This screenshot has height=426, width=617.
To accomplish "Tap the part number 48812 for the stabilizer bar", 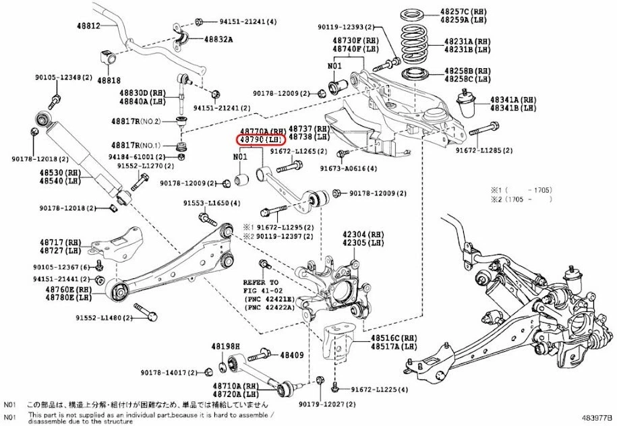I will click(x=87, y=26).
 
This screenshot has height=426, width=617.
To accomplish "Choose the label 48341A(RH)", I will click(x=513, y=99).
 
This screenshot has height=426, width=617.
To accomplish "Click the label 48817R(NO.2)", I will click(x=136, y=122).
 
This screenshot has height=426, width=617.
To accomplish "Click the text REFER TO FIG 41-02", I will click(x=261, y=286).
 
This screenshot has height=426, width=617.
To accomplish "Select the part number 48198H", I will click(x=225, y=346).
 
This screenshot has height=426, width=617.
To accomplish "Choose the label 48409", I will click(x=292, y=354).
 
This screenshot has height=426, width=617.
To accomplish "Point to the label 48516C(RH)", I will click(x=394, y=337).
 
